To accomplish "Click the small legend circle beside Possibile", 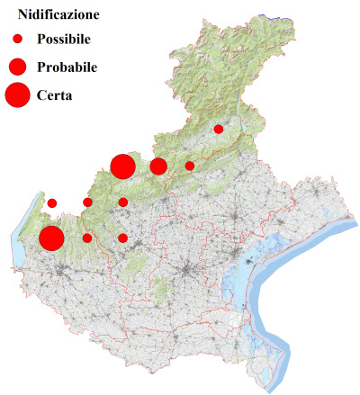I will (x=17, y=40).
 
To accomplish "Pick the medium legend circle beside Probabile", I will (x=17, y=67).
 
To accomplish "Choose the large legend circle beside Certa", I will (x=17, y=94).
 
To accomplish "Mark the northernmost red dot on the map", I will (x=218, y=129).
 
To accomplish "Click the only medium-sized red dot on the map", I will (x=158, y=166).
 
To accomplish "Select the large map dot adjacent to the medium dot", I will (x=122, y=166).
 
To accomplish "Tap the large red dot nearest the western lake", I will (x=51, y=238).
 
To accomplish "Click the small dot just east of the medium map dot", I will (x=190, y=166).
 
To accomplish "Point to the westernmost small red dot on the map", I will (x=52, y=202).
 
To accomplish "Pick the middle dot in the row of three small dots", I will (x=87, y=202).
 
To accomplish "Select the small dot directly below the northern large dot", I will (x=122, y=202).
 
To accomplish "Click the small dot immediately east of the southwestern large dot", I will (x=87, y=238).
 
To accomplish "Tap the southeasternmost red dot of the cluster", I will (x=122, y=238).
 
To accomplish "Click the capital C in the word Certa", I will (x=42, y=94).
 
